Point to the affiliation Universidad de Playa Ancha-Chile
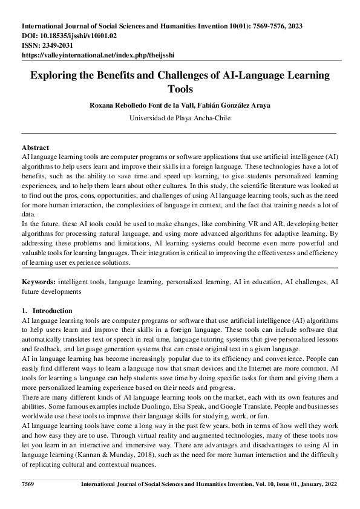pos(180,118)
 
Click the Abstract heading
pos(35,148)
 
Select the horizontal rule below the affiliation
pos(180,132)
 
